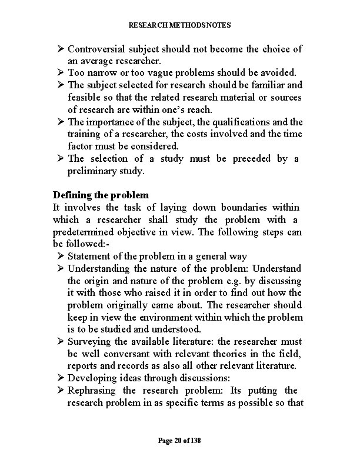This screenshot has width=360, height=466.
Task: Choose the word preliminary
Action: [94, 171]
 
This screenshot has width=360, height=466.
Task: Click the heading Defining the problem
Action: [101, 195]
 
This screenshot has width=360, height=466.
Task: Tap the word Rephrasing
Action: [92, 390]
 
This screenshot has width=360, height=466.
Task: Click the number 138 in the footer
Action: [195, 440]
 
